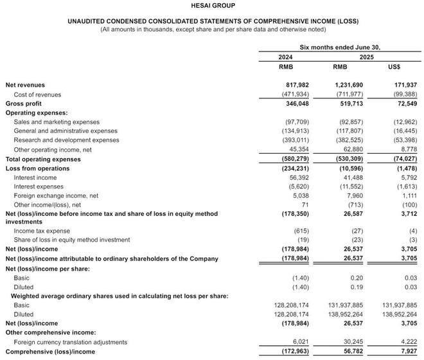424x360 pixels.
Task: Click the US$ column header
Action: click(394, 67)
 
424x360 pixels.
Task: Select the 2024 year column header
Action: click(285, 57)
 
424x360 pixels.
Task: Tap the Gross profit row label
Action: click(24, 104)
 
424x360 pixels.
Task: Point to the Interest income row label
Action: click(35, 177)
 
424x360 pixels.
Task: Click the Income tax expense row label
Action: click(41, 231)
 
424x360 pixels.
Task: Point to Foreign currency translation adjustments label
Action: click(70, 342)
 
